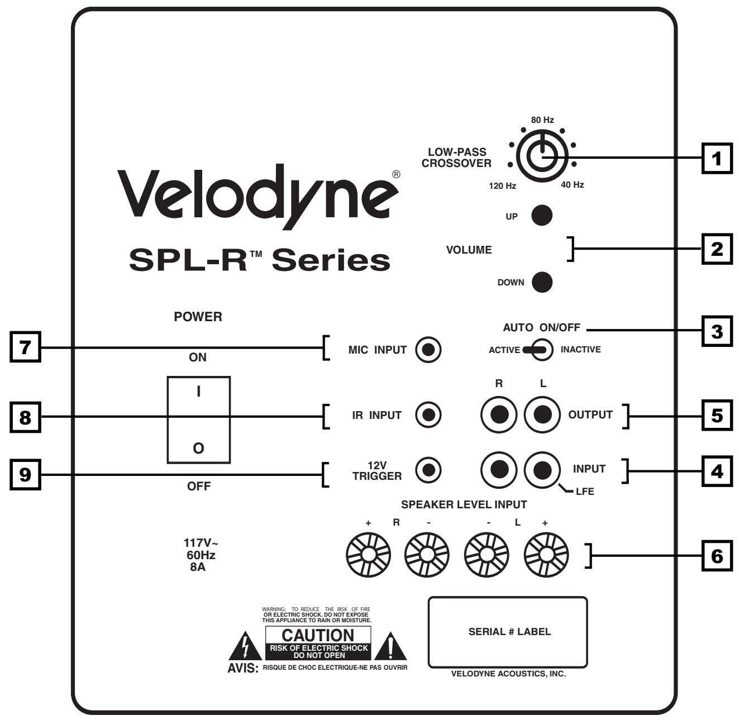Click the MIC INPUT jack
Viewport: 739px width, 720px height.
point(428,350)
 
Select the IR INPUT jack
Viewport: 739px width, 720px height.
point(428,415)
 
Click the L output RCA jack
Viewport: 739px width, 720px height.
point(542,414)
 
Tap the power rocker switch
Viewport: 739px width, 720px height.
point(198,419)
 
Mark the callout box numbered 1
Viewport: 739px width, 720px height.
point(716,158)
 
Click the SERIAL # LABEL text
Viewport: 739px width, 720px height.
point(509,632)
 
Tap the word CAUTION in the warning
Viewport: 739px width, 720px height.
point(318,635)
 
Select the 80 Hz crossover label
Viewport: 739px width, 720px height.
point(542,120)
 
